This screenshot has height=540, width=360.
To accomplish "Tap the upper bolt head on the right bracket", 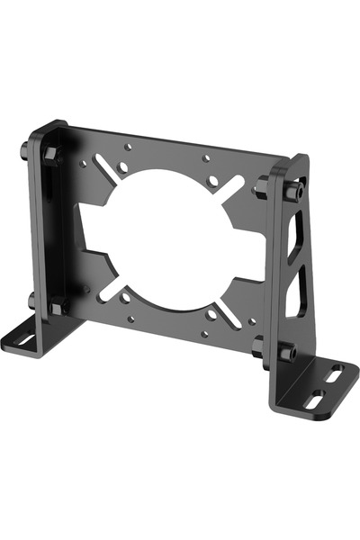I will click(292, 192).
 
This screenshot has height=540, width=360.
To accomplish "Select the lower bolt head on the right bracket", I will click(287, 353).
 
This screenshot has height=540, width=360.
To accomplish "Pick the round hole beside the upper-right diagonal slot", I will click(212, 182).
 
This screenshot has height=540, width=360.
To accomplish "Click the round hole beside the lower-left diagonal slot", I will click(125, 297).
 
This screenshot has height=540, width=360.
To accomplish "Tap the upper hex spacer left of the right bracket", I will click(262, 187).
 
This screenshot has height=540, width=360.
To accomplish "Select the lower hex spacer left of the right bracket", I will click(259, 346).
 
